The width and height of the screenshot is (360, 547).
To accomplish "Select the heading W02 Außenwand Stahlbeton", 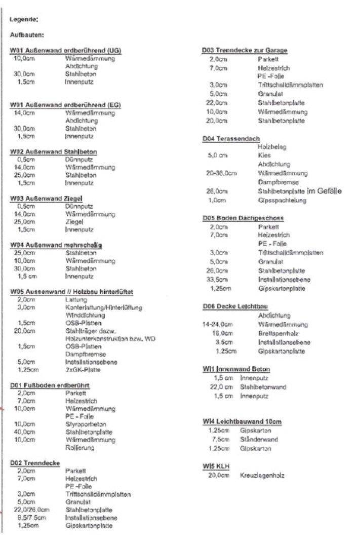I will point(54,151).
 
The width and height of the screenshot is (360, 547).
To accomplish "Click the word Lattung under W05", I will point(76,300).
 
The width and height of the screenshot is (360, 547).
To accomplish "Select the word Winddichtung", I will point(83,315).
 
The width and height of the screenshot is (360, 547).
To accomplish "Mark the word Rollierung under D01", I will point(80,448).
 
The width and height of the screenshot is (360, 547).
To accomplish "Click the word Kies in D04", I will point(264,155).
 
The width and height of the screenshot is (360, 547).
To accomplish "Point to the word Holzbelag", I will point(272,147).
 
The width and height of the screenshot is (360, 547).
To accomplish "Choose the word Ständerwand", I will point(259,440).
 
